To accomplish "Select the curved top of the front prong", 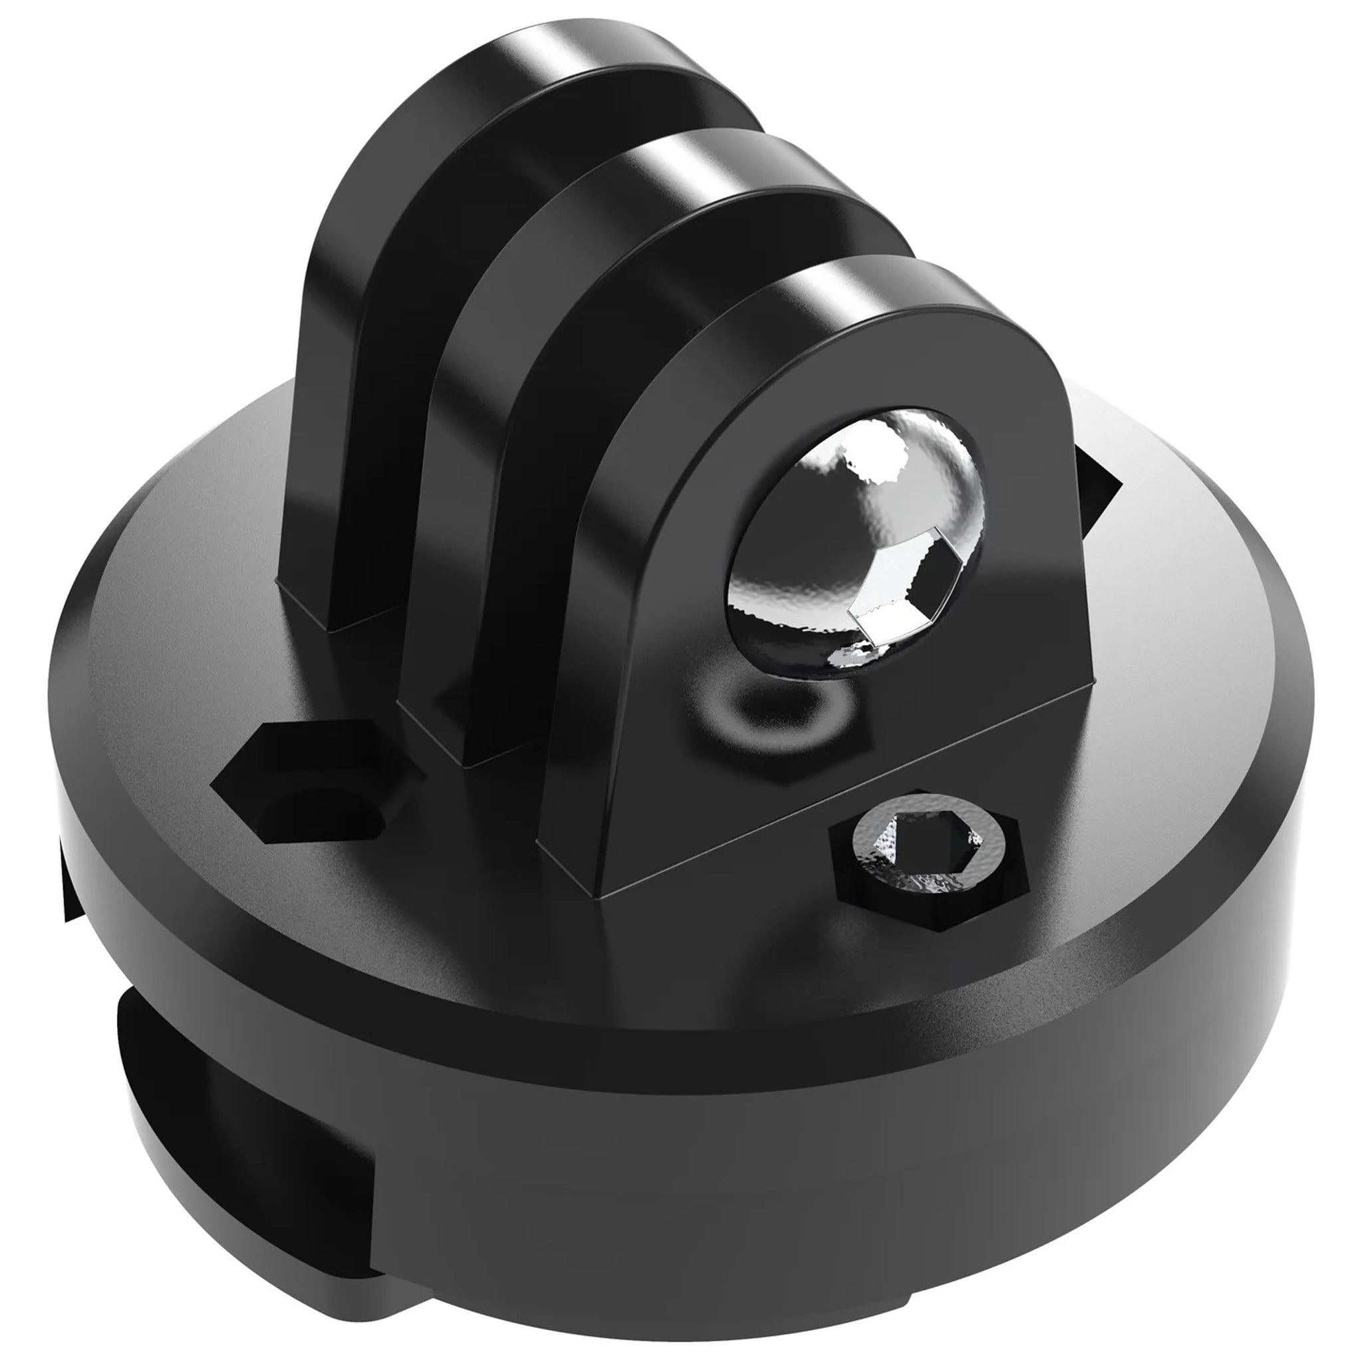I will click(867, 296).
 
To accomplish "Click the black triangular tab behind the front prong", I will click(1096, 493).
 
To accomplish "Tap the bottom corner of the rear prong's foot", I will click(331, 627).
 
